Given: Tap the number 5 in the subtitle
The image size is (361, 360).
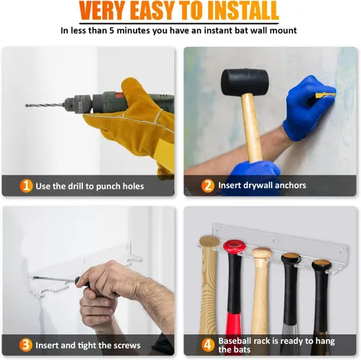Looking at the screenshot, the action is click(x=112, y=31).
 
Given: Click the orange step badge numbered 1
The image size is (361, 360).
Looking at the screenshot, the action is click(x=26, y=185).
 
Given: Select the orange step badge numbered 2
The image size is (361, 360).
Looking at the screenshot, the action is click(x=208, y=185).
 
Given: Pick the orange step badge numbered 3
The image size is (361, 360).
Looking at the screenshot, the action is click(x=26, y=345).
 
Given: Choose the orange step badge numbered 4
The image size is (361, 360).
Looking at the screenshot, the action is click(x=207, y=345).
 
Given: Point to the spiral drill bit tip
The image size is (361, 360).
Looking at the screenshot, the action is click(x=27, y=105).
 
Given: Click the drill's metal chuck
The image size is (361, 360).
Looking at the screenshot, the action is click(x=77, y=105).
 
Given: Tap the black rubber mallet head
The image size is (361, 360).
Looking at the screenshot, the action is click(x=245, y=82).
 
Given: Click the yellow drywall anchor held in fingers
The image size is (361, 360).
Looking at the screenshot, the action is click(x=326, y=95).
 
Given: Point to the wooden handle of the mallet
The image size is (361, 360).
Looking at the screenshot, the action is click(x=252, y=128).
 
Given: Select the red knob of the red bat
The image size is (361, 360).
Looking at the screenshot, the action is click(x=234, y=246).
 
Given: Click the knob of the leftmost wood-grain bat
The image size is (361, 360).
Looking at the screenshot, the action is click(x=209, y=242).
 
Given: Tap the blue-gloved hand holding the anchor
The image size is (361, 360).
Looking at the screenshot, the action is click(x=305, y=108).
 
